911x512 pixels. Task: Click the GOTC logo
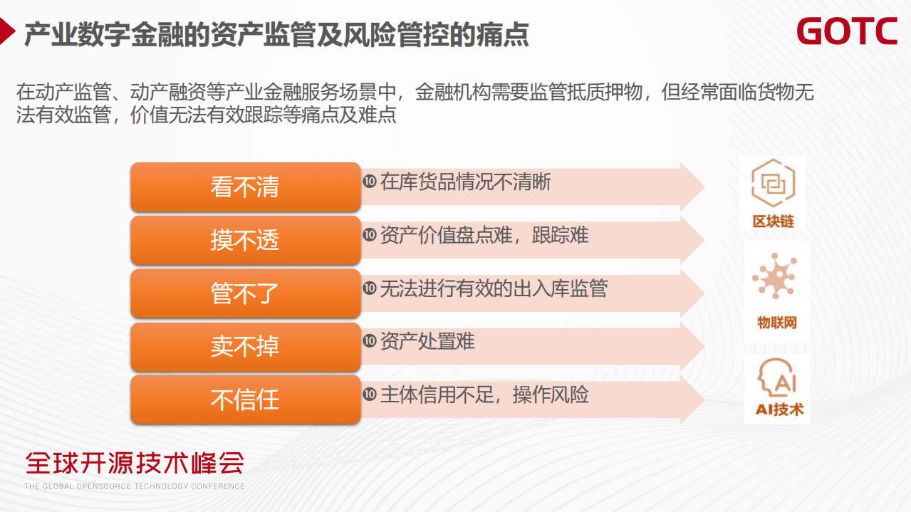pos(847,32)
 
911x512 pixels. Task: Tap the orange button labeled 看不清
pos(245,187)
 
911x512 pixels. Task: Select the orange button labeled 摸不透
pos(245,240)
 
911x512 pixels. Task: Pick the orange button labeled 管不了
pos(245,293)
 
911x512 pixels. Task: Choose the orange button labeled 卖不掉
pos(245,346)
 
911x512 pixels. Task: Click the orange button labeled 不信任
pos(245,399)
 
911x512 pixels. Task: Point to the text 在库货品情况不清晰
pos(466,182)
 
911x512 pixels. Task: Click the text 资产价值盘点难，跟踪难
pos(484,235)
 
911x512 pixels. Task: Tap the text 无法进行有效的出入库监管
pos(494,288)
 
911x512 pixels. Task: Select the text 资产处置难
pos(427,342)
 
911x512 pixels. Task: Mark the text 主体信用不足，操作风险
pos(484,395)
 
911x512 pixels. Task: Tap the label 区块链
pos(773,221)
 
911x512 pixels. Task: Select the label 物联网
pos(776,323)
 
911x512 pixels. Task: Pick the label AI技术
pos(779,409)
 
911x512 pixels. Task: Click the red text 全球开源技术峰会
pos(135,463)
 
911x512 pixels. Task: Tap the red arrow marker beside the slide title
pos(7,32)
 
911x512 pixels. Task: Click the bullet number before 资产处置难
pos(369,341)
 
